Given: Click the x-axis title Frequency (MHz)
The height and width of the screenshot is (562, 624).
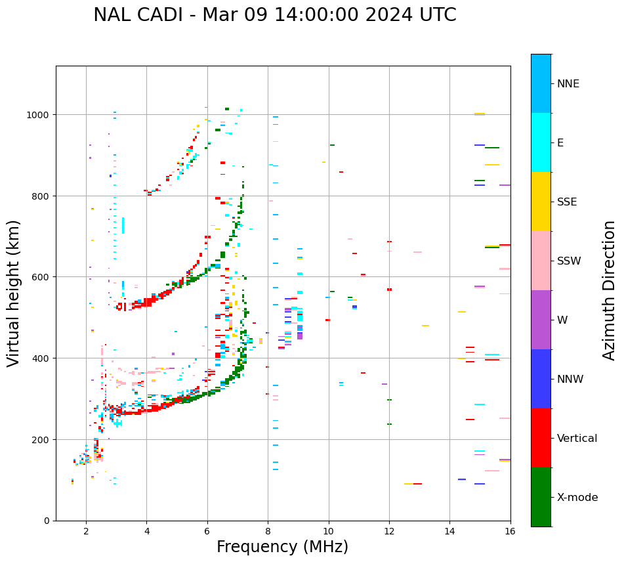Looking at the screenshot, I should (x=282, y=547).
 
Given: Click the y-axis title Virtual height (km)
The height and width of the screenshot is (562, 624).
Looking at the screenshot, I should (x=14, y=293).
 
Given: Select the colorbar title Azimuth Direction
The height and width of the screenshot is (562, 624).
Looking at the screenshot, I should (x=610, y=290).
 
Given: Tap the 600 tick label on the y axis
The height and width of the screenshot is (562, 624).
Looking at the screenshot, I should (x=41, y=277).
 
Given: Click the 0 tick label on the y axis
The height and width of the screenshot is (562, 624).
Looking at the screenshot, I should (x=47, y=521).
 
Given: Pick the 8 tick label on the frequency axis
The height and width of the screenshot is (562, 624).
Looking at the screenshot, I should (x=268, y=532).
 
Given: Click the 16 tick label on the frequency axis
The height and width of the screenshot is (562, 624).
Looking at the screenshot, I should (x=510, y=532).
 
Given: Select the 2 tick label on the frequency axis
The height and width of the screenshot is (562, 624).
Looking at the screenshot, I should (x=86, y=532).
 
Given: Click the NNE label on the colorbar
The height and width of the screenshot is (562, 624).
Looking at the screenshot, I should (x=568, y=83).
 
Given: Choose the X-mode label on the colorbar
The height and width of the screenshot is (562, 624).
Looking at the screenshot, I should (x=577, y=497).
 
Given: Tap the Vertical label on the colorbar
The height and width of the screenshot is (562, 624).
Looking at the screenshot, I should (x=577, y=438).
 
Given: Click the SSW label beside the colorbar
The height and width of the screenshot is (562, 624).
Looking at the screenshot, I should (x=569, y=261).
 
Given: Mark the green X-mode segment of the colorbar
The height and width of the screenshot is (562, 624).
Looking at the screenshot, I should (x=541, y=497).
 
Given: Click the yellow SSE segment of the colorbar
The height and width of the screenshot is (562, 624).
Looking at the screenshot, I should (x=541, y=202).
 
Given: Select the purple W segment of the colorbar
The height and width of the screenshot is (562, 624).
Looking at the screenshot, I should (x=541, y=320).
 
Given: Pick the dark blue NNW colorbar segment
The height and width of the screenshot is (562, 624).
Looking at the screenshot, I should (x=541, y=379).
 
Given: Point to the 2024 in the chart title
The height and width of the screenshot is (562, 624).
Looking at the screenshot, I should (x=392, y=15).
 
